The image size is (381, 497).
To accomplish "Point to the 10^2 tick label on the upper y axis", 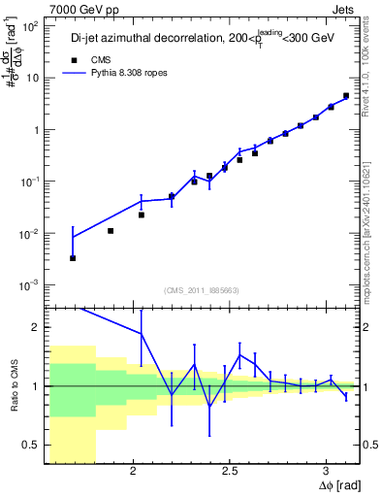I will tap(30, 26).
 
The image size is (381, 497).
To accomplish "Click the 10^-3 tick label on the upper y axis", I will tap(30, 284).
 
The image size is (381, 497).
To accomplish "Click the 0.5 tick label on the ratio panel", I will tap(32, 445).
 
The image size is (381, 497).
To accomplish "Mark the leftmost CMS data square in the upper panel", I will tap(73, 258).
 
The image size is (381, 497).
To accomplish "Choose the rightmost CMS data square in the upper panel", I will tap(346, 96).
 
